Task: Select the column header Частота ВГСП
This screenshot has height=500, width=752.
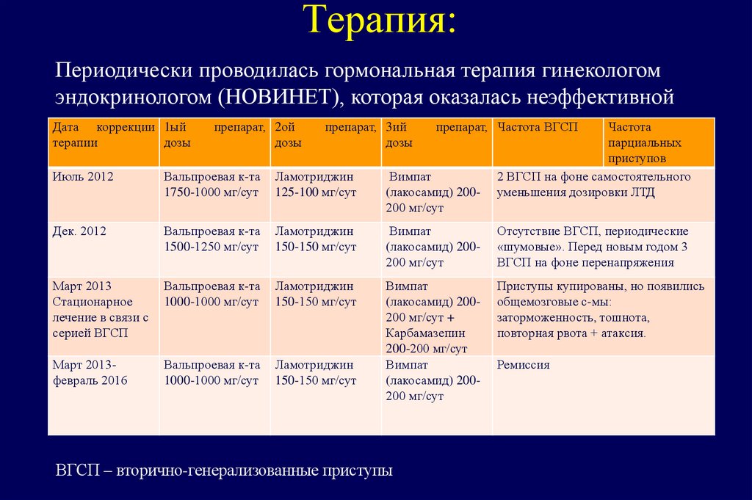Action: click(538, 128)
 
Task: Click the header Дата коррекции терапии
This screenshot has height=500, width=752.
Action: click(103, 135)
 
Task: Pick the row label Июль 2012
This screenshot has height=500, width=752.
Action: click(83, 177)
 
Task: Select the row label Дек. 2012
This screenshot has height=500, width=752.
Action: click(79, 231)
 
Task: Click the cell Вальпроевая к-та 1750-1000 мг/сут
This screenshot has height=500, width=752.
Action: click(211, 184)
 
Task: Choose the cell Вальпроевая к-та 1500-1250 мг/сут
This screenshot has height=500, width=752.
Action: click(211, 239)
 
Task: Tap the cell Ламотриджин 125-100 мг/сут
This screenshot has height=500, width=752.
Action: click(315, 184)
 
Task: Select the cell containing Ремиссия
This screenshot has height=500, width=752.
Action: click(523, 365)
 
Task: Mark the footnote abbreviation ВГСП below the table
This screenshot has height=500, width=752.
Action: click(77, 470)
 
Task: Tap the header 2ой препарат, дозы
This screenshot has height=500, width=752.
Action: click(324, 135)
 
